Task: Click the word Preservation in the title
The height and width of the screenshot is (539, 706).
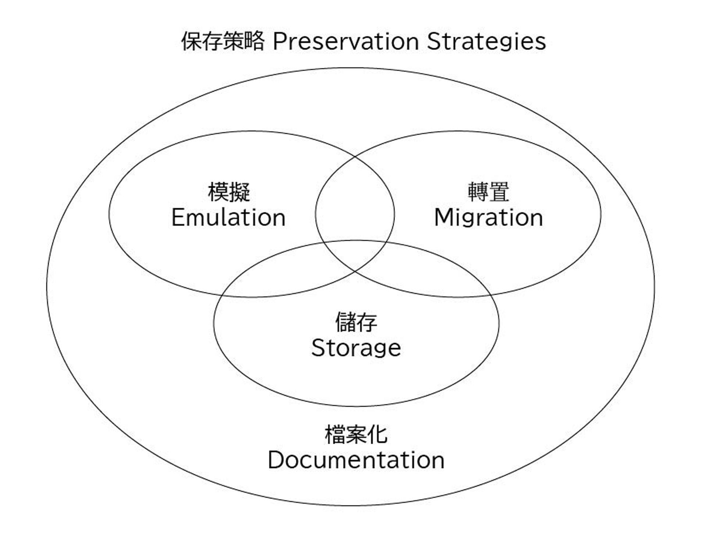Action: tap(345, 41)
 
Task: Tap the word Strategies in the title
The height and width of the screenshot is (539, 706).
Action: tap(486, 41)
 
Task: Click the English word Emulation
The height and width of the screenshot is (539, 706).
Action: tap(228, 217)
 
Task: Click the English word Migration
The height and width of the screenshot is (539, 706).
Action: tap(488, 217)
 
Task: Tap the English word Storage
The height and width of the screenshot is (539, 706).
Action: tap(356, 348)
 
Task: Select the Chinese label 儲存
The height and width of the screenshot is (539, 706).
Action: tap(356, 322)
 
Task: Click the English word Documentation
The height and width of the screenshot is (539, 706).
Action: tap(356, 460)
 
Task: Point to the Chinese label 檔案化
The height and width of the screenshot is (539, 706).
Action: tap(356, 434)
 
